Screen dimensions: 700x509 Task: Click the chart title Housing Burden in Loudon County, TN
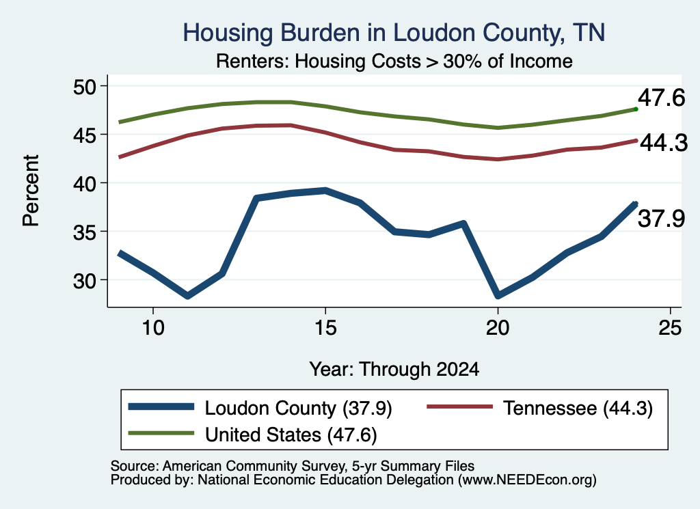[394, 33]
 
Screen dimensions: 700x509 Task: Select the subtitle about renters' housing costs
[394, 61]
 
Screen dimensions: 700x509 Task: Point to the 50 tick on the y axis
[84, 87]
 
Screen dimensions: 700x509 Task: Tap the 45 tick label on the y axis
[84, 135]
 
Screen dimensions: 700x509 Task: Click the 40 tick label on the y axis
[84, 183]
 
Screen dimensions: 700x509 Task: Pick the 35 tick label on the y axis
[84, 232]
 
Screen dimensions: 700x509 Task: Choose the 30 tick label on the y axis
[84, 281]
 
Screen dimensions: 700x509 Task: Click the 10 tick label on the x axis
[153, 328]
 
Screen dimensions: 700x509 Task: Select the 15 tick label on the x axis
[325, 328]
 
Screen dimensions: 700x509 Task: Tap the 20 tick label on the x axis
[498, 328]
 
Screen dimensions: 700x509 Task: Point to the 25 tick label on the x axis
[670, 328]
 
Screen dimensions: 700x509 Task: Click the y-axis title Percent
[31, 191]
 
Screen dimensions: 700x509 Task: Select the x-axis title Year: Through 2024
[394, 370]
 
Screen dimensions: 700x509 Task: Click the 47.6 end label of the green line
[661, 97]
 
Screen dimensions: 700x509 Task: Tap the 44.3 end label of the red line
[664, 143]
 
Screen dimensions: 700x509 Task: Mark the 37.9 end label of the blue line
[661, 219]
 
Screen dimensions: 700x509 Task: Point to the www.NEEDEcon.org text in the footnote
[527, 480]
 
